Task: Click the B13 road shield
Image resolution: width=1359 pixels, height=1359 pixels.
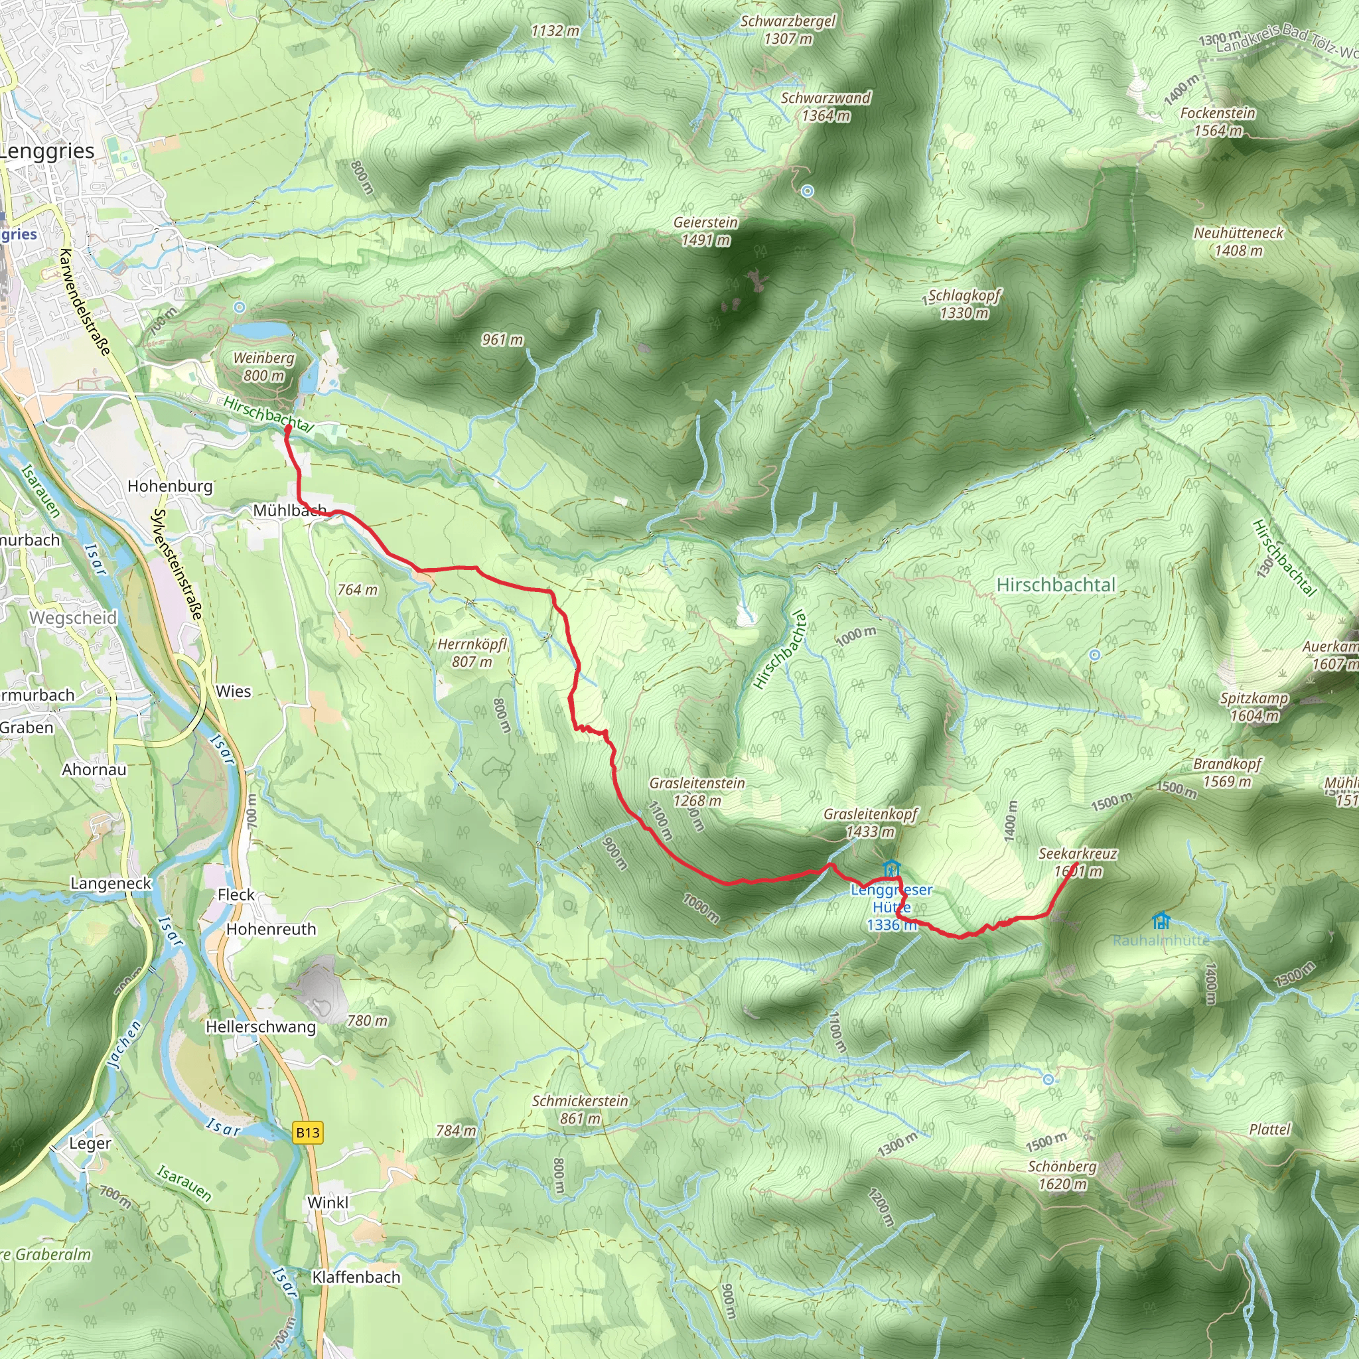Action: (x=307, y=1133)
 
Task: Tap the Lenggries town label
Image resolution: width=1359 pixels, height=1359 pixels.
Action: (x=47, y=151)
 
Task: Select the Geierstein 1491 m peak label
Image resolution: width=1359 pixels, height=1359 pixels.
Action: (x=705, y=231)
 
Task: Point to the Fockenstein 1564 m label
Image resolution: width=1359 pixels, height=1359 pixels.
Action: (x=1218, y=121)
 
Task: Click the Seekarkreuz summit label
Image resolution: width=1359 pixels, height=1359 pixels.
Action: (x=1078, y=862)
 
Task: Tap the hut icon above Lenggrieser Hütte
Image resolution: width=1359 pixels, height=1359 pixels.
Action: (x=891, y=867)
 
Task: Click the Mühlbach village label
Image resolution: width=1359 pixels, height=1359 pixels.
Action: (x=289, y=510)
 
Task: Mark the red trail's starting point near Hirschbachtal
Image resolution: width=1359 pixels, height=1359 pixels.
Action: (x=288, y=428)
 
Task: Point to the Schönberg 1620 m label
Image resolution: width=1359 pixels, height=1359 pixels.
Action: (x=1062, y=1175)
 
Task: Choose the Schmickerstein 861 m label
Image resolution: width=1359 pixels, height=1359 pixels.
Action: (x=579, y=1109)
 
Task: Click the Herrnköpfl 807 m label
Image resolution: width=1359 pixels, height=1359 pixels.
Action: (x=472, y=652)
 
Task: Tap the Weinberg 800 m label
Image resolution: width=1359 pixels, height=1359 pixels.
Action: (x=264, y=366)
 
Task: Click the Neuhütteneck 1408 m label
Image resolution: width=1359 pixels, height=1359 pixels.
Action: (x=1238, y=242)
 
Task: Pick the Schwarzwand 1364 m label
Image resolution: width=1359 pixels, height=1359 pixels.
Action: (x=825, y=106)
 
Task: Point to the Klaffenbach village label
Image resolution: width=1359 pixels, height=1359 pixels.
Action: (x=356, y=1277)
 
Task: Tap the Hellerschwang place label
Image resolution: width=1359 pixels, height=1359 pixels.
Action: (x=260, y=1027)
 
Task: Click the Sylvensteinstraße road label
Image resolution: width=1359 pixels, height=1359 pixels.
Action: (x=178, y=564)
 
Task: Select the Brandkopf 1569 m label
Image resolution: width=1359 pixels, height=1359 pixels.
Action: (x=1228, y=772)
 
